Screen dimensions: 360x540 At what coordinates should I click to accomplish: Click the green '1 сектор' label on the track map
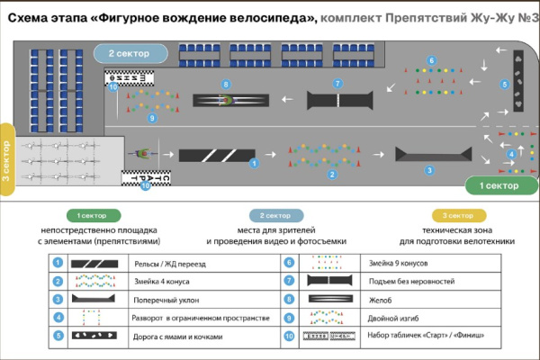pos(498,185)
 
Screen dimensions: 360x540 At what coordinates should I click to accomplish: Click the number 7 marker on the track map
pos(337,84)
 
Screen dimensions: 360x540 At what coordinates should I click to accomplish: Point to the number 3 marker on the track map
pos(428,169)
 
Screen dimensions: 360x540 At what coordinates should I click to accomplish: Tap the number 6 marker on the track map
pos(431,61)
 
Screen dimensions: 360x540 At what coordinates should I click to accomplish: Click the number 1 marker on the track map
pos(254,163)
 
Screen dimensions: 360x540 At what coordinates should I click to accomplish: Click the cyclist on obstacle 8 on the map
pos(227,100)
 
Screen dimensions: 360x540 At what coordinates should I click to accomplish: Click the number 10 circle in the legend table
pos(289,337)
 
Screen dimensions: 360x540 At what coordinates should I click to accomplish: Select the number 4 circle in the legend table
pos(57,318)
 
